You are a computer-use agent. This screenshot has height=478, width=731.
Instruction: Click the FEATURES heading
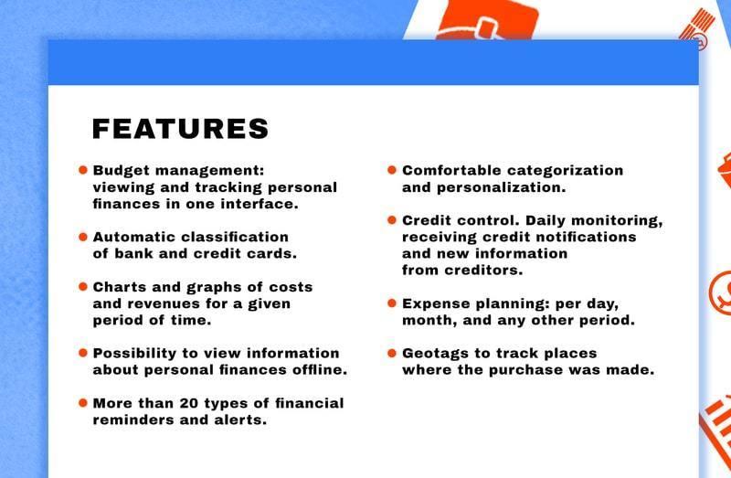[180, 129]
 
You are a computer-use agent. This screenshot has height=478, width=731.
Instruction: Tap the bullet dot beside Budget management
[83, 170]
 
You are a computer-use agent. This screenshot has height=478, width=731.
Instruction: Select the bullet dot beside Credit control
[392, 219]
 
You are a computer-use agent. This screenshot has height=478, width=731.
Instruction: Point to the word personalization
[501, 187]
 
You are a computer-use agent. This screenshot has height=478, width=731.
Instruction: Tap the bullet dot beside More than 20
[83, 402]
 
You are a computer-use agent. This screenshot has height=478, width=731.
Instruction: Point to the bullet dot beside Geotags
[392, 353]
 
